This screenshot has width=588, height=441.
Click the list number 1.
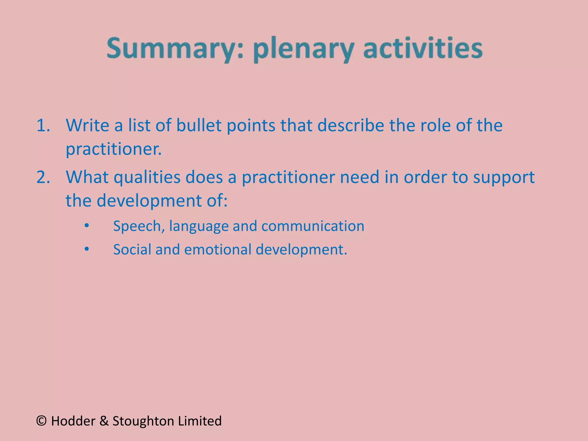pos(43,125)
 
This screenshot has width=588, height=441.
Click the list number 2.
pos(43,177)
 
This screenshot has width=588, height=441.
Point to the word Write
pos(87,125)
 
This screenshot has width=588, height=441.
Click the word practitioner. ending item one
pos(114,149)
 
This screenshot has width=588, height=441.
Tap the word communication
pos(313,226)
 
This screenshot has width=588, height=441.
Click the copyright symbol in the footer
pos(42,421)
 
